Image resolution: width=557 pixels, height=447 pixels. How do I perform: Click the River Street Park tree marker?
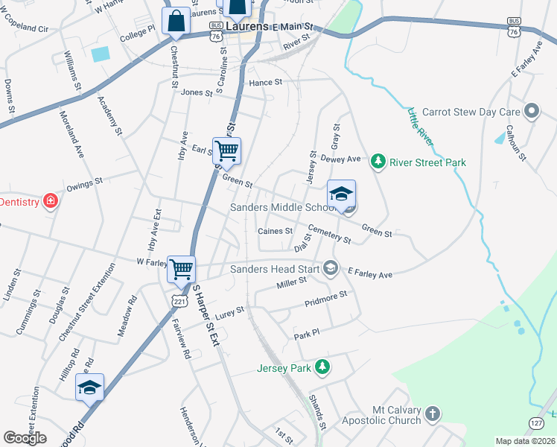tap(378, 162)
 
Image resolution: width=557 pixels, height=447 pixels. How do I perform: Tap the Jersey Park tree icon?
tap(322, 367)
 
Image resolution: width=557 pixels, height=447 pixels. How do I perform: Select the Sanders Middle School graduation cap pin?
tap(341, 194)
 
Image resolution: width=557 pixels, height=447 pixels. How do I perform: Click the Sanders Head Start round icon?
tap(329, 269)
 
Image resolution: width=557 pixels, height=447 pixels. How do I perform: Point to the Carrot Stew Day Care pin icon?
tap(531, 112)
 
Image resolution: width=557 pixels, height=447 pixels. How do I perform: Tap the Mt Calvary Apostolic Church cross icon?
tap(433, 413)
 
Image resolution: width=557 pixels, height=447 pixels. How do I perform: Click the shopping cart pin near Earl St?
tap(226, 150)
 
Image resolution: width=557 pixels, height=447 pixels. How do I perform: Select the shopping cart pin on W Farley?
tap(182, 269)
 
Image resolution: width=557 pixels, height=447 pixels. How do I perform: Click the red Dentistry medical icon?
tap(50, 201)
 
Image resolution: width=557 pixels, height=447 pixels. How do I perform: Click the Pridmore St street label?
tap(326, 297)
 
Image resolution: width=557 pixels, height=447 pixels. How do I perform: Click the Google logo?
tap(25, 438)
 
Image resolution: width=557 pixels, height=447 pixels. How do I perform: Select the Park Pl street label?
tap(306, 333)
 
